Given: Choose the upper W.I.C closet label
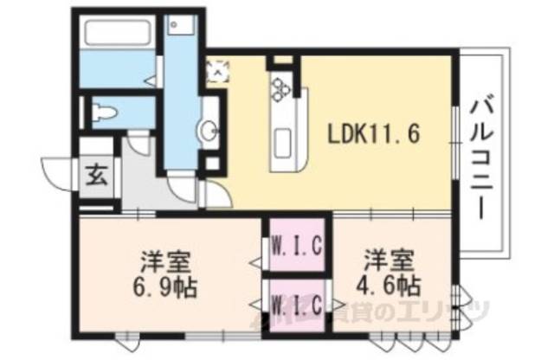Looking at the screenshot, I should click(x=297, y=246).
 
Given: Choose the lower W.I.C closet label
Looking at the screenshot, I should click(x=297, y=305).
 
